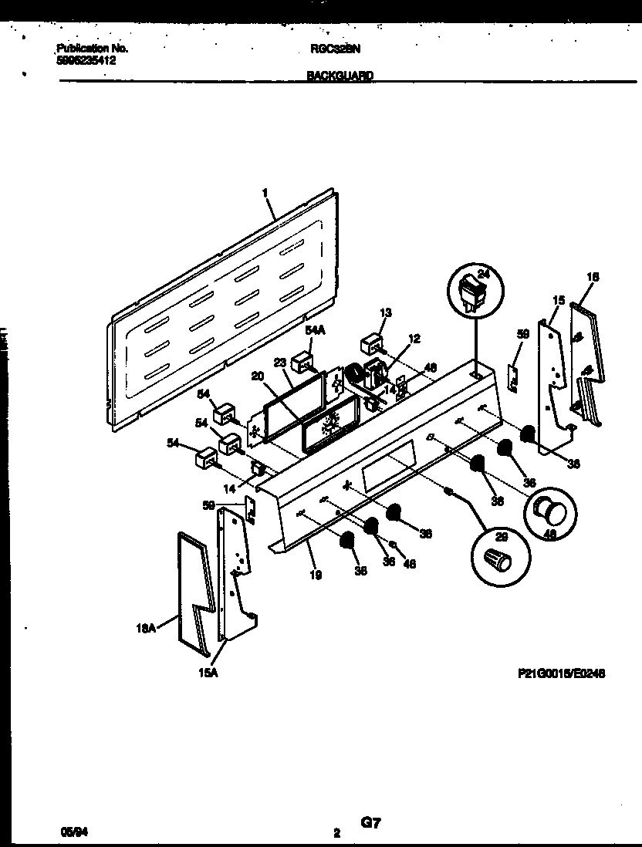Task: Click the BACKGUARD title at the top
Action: click(x=340, y=76)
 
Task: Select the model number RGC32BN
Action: click(x=334, y=48)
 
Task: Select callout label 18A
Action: click(x=146, y=629)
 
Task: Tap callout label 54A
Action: click(x=315, y=330)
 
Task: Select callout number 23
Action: click(x=280, y=362)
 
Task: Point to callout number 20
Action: click(x=258, y=377)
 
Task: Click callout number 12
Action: click(x=414, y=337)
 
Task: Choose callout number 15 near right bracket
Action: click(x=559, y=299)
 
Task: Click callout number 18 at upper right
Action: click(x=593, y=276)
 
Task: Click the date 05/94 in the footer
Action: click(x=69, y=832)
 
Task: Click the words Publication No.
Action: click(x=92, y=48)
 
